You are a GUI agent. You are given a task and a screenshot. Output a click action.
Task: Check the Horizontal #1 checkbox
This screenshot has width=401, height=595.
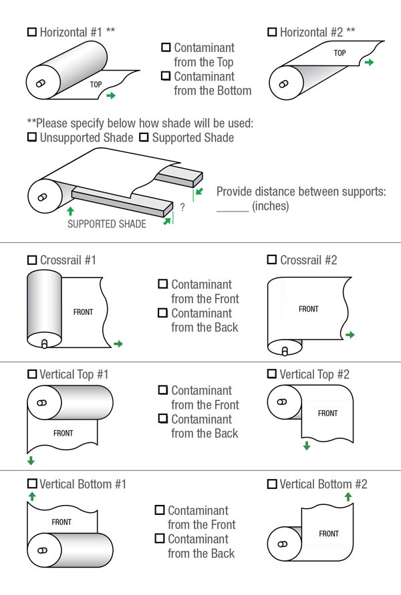(x=31, y=31)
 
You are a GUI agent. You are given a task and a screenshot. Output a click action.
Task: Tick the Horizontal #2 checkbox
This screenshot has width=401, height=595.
(x=271, y=31)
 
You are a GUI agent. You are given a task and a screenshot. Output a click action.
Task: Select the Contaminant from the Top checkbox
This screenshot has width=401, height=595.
(x=166, y=48)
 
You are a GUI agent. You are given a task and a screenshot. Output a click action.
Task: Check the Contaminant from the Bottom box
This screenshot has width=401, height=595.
(x=166, y=76)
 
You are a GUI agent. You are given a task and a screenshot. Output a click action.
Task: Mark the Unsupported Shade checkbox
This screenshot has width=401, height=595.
(x=31, y=137)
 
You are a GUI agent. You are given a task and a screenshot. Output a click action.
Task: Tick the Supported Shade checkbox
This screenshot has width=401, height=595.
(x=144, y=137)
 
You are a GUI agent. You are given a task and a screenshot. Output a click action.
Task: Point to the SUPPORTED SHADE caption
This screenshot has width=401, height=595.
(x=107, y=224)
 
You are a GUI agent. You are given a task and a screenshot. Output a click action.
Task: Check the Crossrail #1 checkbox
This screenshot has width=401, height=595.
(x=31, y=259)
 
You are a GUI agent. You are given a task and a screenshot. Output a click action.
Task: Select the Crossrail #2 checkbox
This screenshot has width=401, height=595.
(x=271, y=259)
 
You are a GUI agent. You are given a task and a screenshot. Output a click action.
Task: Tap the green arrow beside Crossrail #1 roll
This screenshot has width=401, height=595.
(x=118, y=344)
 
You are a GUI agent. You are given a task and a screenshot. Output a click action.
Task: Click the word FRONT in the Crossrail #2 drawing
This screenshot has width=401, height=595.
(x=309, y=309)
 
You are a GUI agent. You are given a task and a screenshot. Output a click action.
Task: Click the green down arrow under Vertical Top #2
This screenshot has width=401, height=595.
(x=306, y=446)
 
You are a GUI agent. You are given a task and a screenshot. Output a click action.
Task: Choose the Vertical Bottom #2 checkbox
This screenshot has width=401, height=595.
(x=271, y=484)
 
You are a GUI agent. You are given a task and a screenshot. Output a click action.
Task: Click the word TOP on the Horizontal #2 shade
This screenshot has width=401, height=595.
(x=340, y=53)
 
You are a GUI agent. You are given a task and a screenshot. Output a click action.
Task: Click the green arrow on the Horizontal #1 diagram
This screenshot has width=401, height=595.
(x=110, y=96)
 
